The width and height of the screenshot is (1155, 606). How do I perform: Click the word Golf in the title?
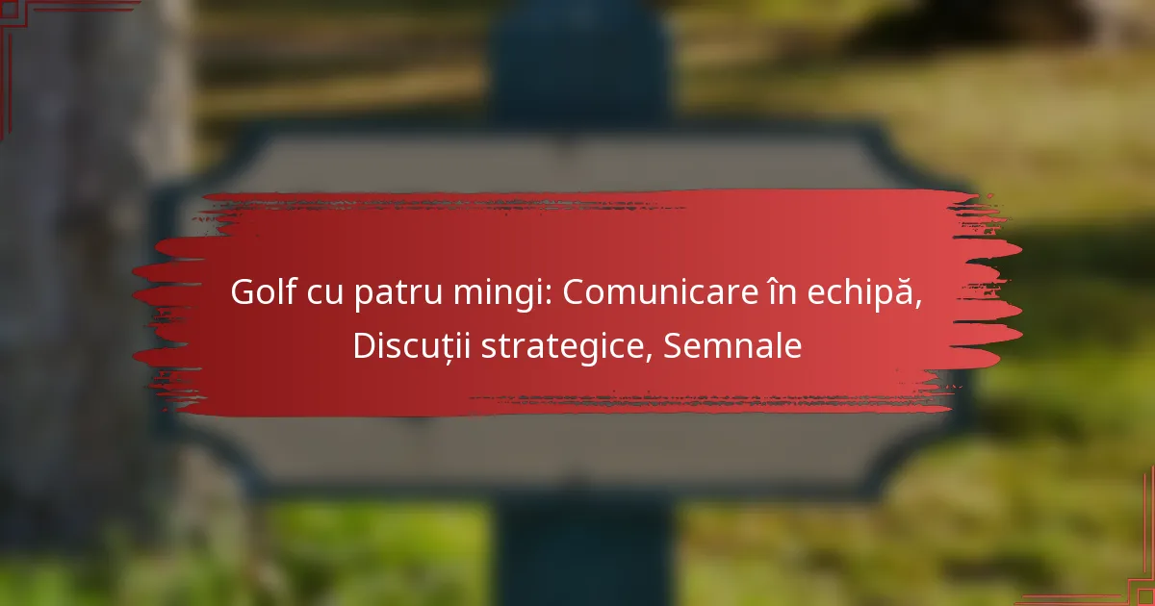(264, 291)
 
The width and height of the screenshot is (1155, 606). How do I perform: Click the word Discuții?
(412, 346)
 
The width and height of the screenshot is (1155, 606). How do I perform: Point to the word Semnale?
(732, 345)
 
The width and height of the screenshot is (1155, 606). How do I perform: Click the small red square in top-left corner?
(10, 10)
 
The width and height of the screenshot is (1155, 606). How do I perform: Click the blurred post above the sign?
(580, 62)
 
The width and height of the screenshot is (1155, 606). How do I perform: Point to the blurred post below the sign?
(585, 551)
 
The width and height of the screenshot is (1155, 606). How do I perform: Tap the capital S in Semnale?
(673, 345)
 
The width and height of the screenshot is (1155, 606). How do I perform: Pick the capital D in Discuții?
(366, 345)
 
